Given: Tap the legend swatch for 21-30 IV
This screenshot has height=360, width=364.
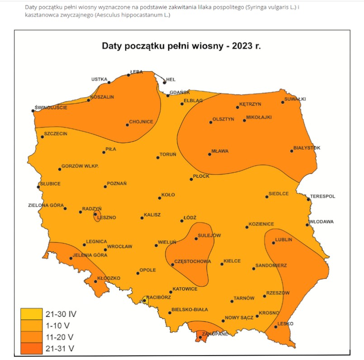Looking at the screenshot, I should [31, 313].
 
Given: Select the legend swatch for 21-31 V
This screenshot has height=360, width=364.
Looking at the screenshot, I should [31, 348].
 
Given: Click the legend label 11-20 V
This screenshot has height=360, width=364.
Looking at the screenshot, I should [60, 337].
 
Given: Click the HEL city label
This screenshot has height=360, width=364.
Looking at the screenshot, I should [171, 79].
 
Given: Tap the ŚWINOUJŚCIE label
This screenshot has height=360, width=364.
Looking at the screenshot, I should [51, 107].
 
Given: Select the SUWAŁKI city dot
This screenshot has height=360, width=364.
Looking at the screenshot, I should [283, 102].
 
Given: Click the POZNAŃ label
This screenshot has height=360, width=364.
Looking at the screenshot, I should [117, 183].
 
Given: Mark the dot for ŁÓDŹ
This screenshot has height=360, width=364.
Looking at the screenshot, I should [182, 221].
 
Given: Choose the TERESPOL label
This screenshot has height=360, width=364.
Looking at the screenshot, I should [322, 196].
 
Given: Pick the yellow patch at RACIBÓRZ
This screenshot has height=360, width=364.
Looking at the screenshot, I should [145, 299].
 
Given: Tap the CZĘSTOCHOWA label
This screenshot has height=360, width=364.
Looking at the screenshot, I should [193, 261].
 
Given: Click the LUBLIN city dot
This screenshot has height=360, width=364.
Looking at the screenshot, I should [273, 243].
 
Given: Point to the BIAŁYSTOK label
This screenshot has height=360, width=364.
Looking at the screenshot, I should [307, 148].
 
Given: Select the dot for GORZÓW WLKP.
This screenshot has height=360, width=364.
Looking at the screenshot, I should [60, 169].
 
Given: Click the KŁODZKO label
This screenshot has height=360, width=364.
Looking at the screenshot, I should [109, 278].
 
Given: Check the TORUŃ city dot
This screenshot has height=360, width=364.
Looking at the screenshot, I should [158, 157].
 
